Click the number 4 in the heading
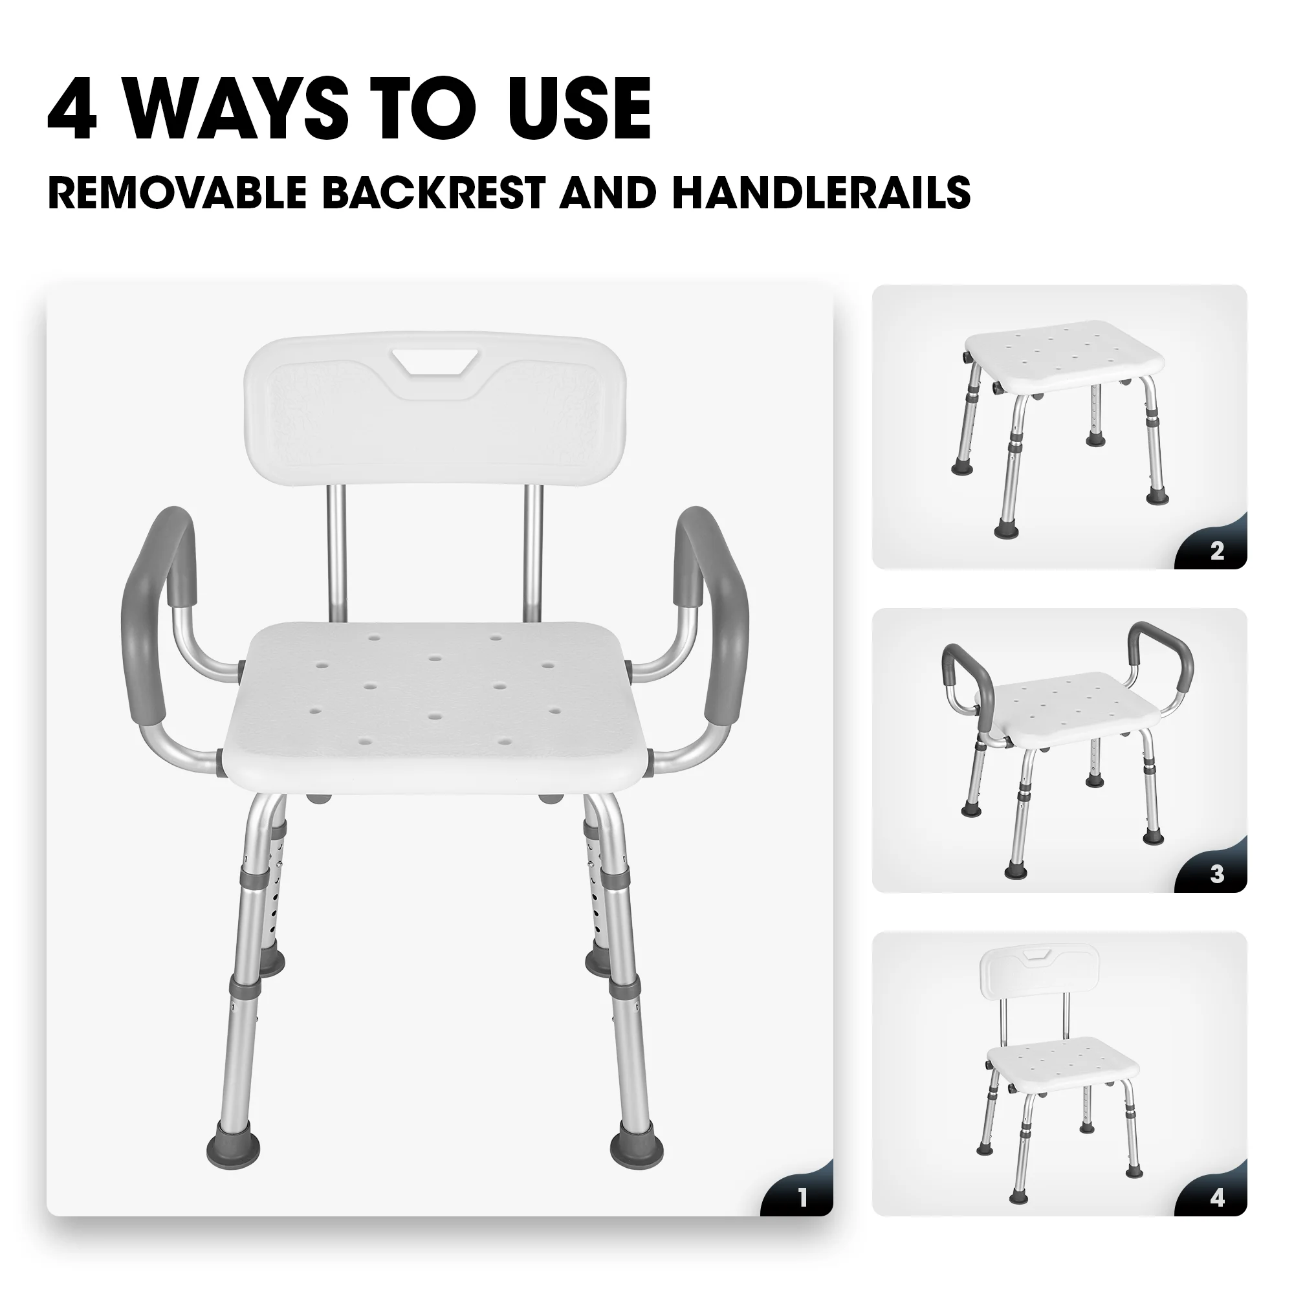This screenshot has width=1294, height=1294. tap(72, 109)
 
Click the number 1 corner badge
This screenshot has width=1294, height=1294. tap(803, 1198)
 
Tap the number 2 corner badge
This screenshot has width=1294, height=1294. tap(1217, 551)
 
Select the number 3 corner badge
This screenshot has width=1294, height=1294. tap(1217, 874)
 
